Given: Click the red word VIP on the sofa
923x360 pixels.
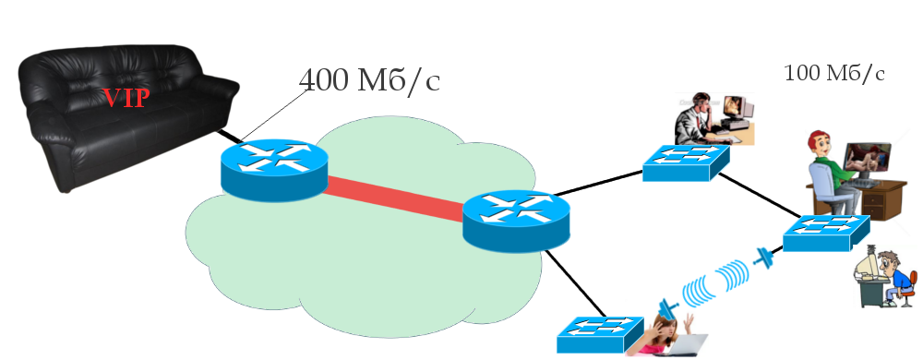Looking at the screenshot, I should click(125, 98).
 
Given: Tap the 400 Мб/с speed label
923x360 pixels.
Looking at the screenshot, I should click(370, 80).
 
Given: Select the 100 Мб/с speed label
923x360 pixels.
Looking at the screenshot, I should click(834, 73).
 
